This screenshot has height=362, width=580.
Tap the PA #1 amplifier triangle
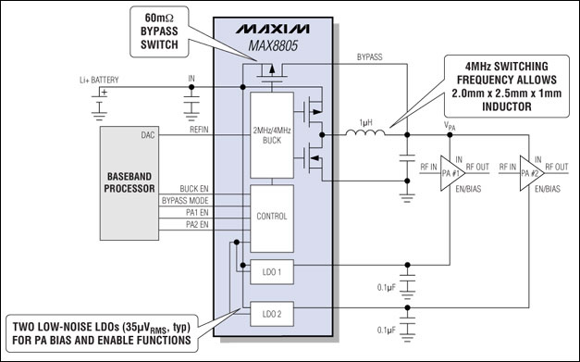click(x=450, y=173)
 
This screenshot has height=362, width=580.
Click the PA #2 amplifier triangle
click(x=528, y=173)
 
